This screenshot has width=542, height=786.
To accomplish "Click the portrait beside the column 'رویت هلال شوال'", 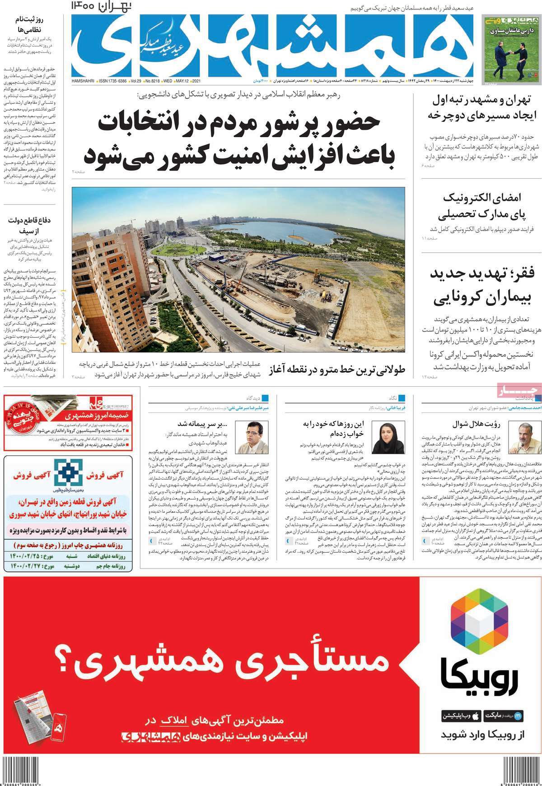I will pos(520,437).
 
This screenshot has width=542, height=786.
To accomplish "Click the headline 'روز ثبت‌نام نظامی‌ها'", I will pos(29,24).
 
